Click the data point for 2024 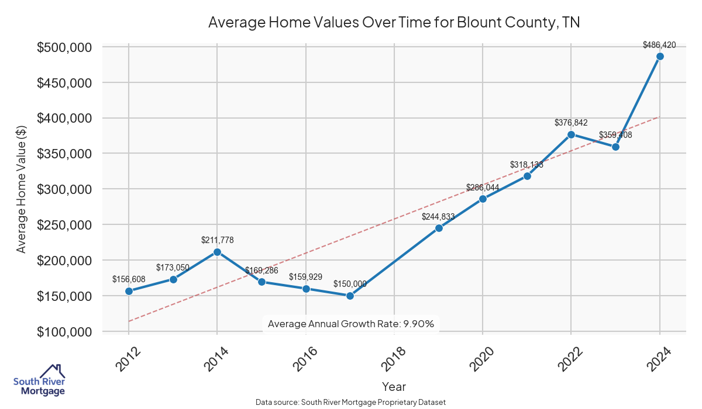660,56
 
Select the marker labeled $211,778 217,252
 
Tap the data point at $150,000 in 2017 350,296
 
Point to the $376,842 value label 571,123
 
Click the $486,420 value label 659,44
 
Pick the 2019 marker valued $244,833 439,228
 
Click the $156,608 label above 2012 129,279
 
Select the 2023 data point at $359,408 615,147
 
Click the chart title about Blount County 394,23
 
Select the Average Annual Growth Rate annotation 350,324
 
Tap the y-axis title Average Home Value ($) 21,189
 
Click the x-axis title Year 394,386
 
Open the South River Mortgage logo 39,380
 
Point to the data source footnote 350,402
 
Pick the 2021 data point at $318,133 527,176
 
